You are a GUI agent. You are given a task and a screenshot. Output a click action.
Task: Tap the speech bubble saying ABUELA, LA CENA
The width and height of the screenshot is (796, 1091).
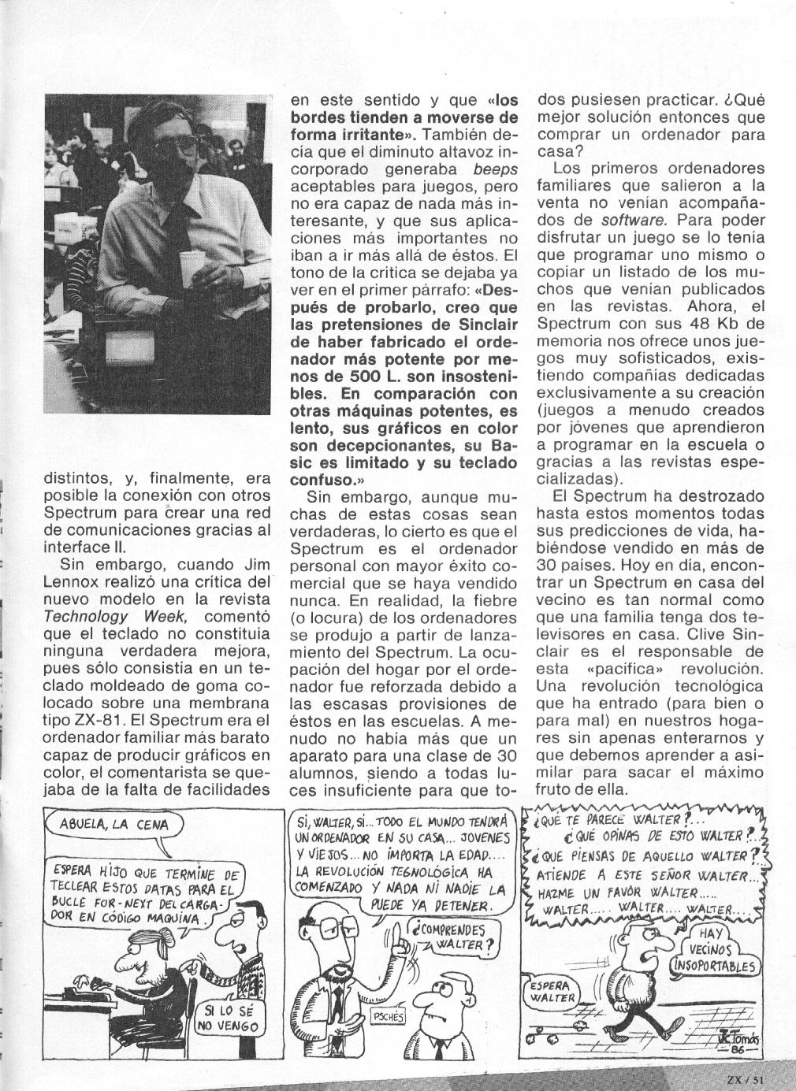coord(113,825)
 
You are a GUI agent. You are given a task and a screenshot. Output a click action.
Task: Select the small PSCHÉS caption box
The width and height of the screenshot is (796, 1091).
coord(386,1016)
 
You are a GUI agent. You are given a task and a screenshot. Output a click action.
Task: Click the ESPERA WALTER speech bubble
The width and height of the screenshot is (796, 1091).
coord(552,992)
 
